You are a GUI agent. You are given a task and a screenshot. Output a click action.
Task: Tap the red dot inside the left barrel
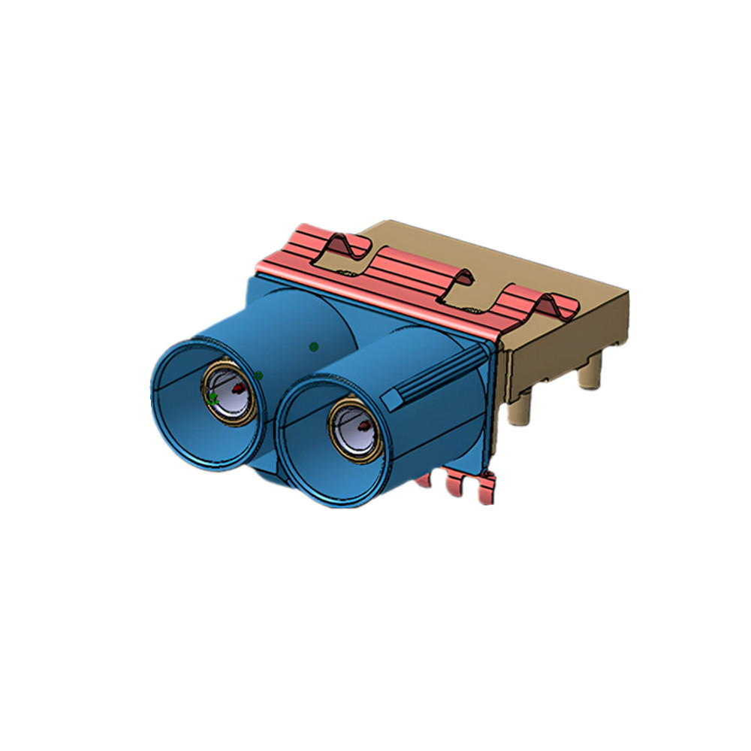click(x=239, y=388)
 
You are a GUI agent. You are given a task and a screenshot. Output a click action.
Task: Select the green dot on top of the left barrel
click(x=314, y=346)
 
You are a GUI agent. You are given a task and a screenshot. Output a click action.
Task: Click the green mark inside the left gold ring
click(x=213, y=399)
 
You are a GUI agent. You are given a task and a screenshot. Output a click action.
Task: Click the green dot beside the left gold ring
click(x=258, y=375)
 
